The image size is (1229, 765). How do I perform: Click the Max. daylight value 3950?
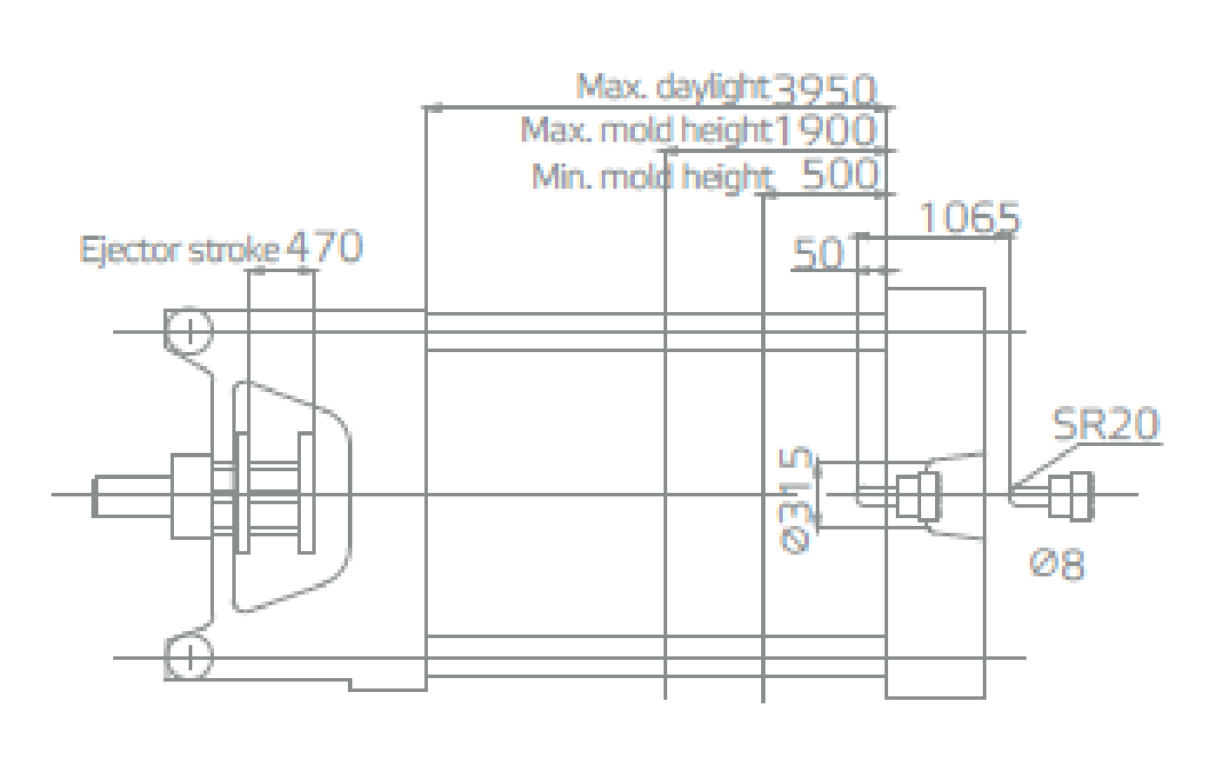point(824,89)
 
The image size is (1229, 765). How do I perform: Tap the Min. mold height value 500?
point(838,175)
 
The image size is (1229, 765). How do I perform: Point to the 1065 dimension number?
point(969,217)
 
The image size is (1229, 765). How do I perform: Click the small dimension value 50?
point(818,253)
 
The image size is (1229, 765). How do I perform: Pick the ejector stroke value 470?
point(324,247)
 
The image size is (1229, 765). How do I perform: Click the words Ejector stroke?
point(179,250)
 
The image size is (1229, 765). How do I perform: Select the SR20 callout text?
point(1105,424)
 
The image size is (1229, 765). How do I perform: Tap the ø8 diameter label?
point(1057,563)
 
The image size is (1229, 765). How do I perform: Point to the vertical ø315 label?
point(795,500)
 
